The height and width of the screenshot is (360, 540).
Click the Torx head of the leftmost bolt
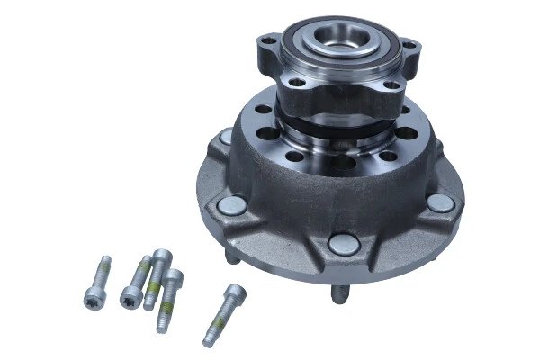coord(91,301)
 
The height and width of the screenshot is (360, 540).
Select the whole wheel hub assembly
coord(337,162)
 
